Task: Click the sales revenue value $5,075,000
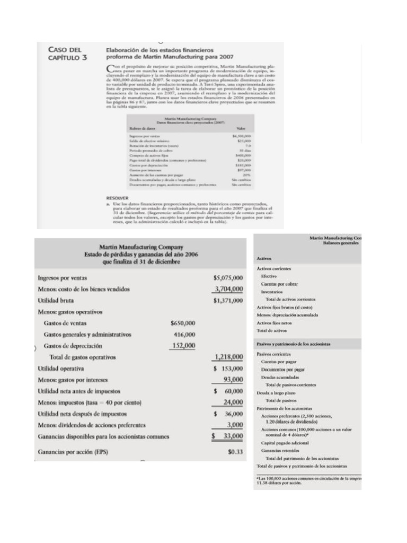[x=228, y=277]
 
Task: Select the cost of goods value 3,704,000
[x=228, y=289]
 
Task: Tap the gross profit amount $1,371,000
[x=228, y=301]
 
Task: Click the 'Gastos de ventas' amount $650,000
[x=183, y=323]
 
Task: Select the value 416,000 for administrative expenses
[x=184, y=335]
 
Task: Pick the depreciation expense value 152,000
[x=184, y=346]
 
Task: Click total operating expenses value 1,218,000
[x=228, y=357]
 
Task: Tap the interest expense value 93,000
[x=231, y=380]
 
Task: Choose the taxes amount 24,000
[x=231, y=402]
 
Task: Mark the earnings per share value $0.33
[x=235, y=452]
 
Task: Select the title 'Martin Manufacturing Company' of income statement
[x=141, y=247]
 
